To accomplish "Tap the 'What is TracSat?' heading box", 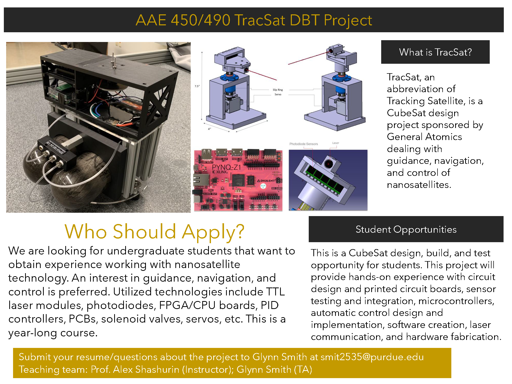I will click(435, 52).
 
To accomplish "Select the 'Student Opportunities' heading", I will click(406, 229).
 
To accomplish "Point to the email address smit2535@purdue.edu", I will click(372, 357).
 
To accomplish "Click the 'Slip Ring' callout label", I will click(278, 90).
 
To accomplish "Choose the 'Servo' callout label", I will click(278, 94).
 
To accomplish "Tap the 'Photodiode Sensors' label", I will click(304, 144).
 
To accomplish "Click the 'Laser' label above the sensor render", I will click(335, 143).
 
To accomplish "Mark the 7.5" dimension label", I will click(197, 86).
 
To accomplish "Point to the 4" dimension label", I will click(209, 129).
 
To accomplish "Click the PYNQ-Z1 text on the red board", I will click(226, 167).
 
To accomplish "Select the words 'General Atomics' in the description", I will click(424, 137).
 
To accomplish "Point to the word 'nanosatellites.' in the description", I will click(419, 185).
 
